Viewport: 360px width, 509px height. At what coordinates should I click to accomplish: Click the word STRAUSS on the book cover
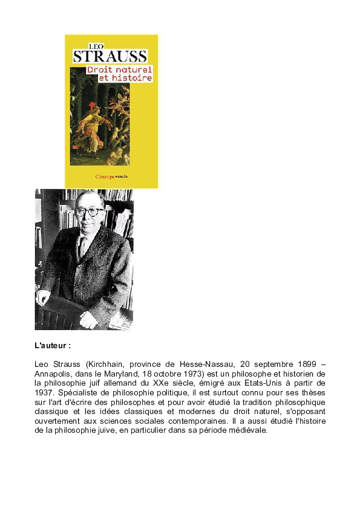tap(110, 57)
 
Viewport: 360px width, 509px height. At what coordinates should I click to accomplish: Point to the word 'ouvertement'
tap(61, 421)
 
